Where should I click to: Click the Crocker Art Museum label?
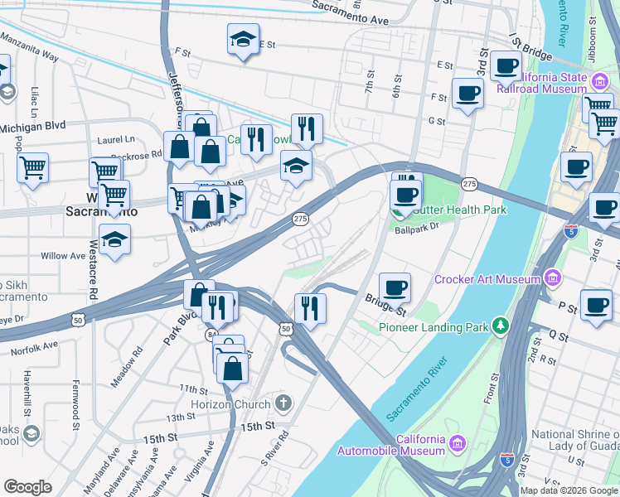click(487, 280)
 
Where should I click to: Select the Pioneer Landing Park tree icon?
click(500, 326)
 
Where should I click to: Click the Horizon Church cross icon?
click(283, 404)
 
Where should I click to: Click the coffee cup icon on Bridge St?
click(395, 287)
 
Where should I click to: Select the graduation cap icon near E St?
click(243, 39)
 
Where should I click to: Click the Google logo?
click(27, 486)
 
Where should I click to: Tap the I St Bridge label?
click(530, 49)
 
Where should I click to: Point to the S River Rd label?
click(275, 446)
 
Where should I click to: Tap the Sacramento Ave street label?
click(362, 13)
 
